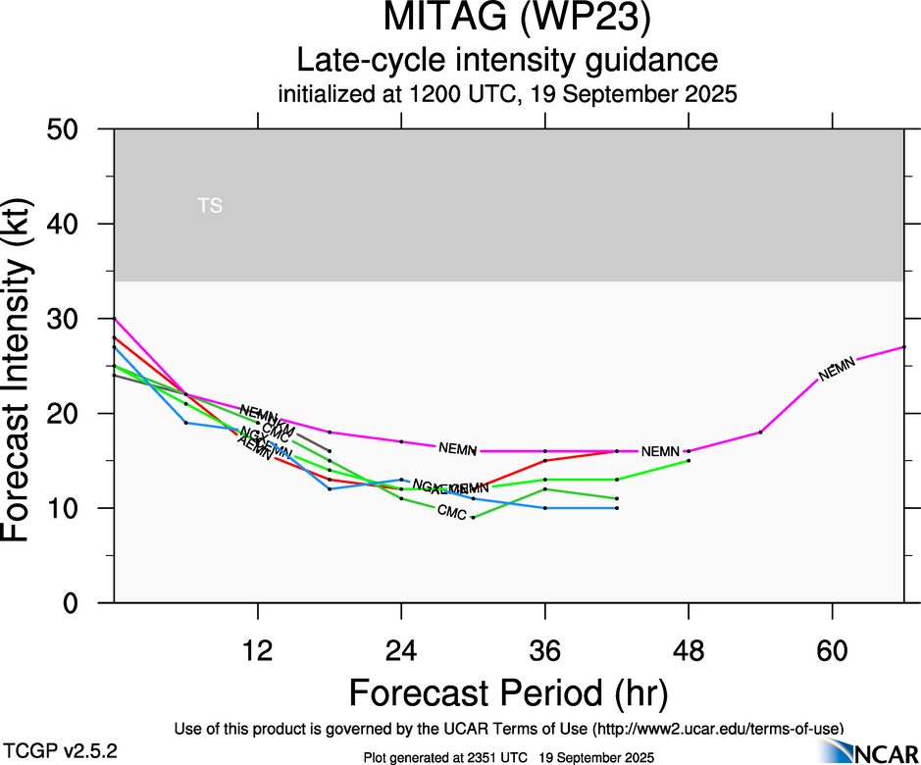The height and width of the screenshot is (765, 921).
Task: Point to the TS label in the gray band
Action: (x=210, y=206)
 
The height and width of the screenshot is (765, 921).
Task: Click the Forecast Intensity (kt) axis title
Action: (x=26, y=366)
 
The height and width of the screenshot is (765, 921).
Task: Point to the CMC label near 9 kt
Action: (x=451, y=511)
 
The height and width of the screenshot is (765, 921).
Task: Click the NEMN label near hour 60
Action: (x=837, y=369)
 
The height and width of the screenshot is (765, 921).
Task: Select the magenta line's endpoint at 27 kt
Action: (x=903, y=347)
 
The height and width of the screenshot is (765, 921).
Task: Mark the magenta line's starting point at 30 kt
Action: (x=115, y=319)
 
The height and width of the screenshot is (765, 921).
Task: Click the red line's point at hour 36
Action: (x=545, y=460)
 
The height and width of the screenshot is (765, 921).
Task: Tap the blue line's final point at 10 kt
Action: (x=617, y=508)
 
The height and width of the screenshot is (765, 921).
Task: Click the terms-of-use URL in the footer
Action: (x=716, y=729)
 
